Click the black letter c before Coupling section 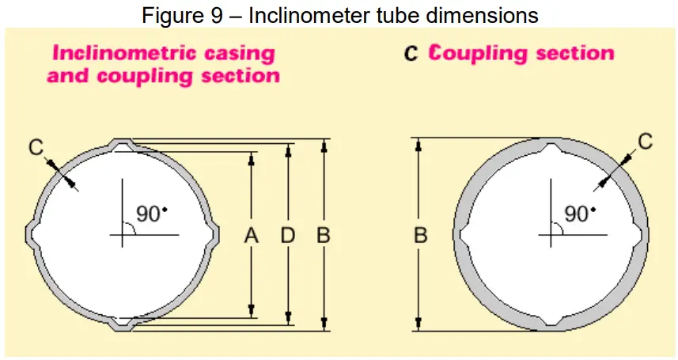(411, 54)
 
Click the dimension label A (252, 235)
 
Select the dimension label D (288, 235)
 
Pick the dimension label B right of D (323, 235)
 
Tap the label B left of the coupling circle (421, 235)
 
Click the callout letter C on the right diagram (645, 142)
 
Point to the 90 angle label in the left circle (150, 214)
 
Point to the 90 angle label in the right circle (578, 214)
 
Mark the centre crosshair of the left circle (123, 235)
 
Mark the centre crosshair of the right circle (550, 235)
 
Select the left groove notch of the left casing (32, 235)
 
